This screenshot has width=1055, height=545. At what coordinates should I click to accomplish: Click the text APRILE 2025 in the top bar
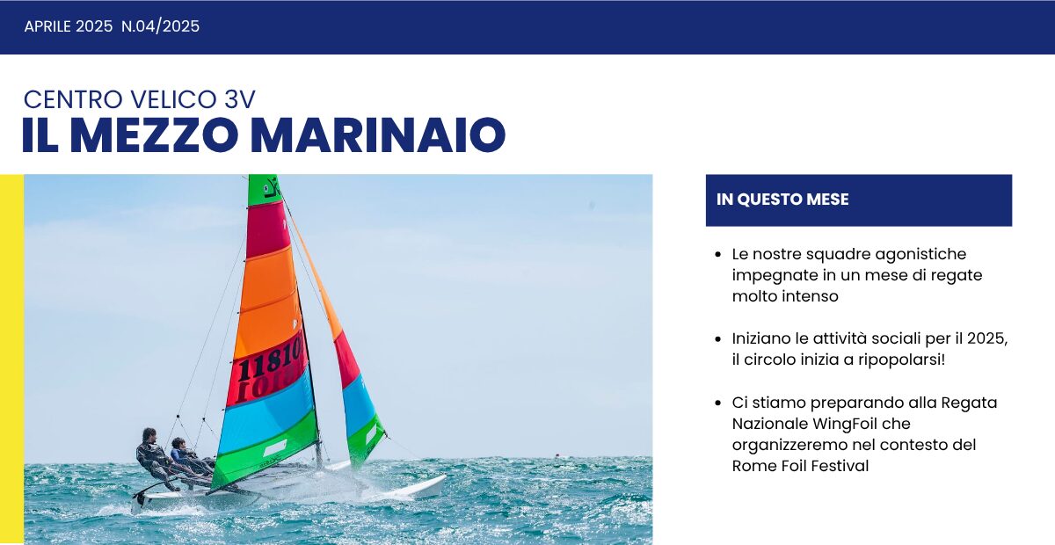coord(69,26)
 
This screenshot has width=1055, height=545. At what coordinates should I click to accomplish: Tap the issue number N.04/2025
coord(160,26)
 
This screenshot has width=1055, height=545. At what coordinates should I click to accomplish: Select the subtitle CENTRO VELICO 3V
coord(139,99)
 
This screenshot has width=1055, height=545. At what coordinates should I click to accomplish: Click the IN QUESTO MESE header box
coord(858,200)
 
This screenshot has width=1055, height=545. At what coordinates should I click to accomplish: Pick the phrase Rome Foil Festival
coord(800,466)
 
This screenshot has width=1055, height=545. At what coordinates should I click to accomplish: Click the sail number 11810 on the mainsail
coord(270,360)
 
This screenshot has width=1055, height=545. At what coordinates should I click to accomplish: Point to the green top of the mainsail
coord(262,188)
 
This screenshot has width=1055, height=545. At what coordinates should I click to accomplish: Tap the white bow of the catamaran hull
coord(422,485)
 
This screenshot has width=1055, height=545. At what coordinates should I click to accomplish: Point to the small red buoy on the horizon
coord(556,455)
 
